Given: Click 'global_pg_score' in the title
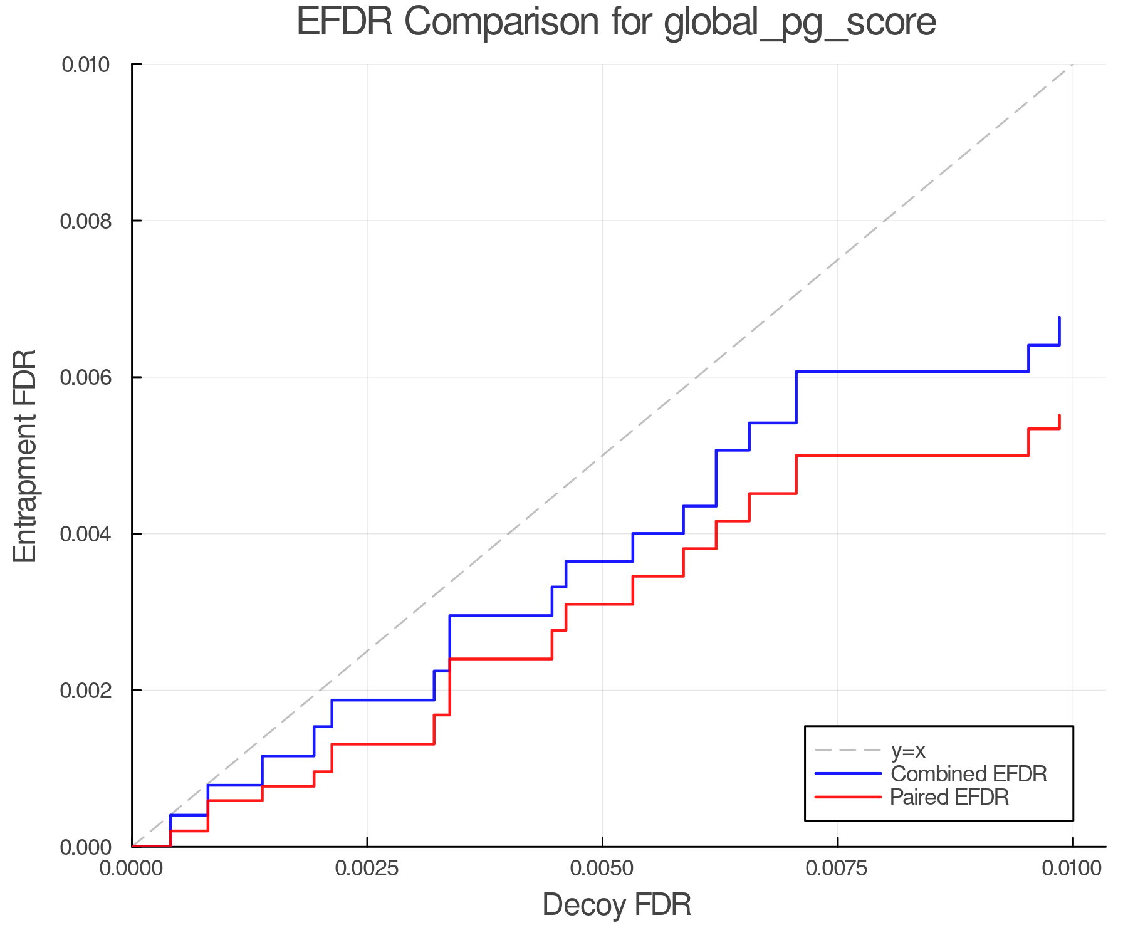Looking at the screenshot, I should click(x=800, y=22).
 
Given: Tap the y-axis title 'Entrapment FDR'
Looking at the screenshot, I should click(x=25, y=456).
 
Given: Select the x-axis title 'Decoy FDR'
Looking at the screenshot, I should click(x=617, y=905).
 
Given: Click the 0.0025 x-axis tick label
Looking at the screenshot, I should click(x=367, y=868).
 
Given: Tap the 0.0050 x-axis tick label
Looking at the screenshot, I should click(x=602, y=868).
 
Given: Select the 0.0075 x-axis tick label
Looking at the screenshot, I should click(x=838, y=868).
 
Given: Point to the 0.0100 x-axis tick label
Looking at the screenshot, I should click(x=1072, y=868).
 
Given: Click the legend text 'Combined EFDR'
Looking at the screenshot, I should click(x=969, y=774).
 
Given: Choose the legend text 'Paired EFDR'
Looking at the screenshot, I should click(x=949, y=797).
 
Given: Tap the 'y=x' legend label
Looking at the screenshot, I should click(x=908, y=750).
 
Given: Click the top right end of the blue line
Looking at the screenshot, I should click(x=1059, y=318).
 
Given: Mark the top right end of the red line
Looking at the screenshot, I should click(x=1059, y=415).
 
